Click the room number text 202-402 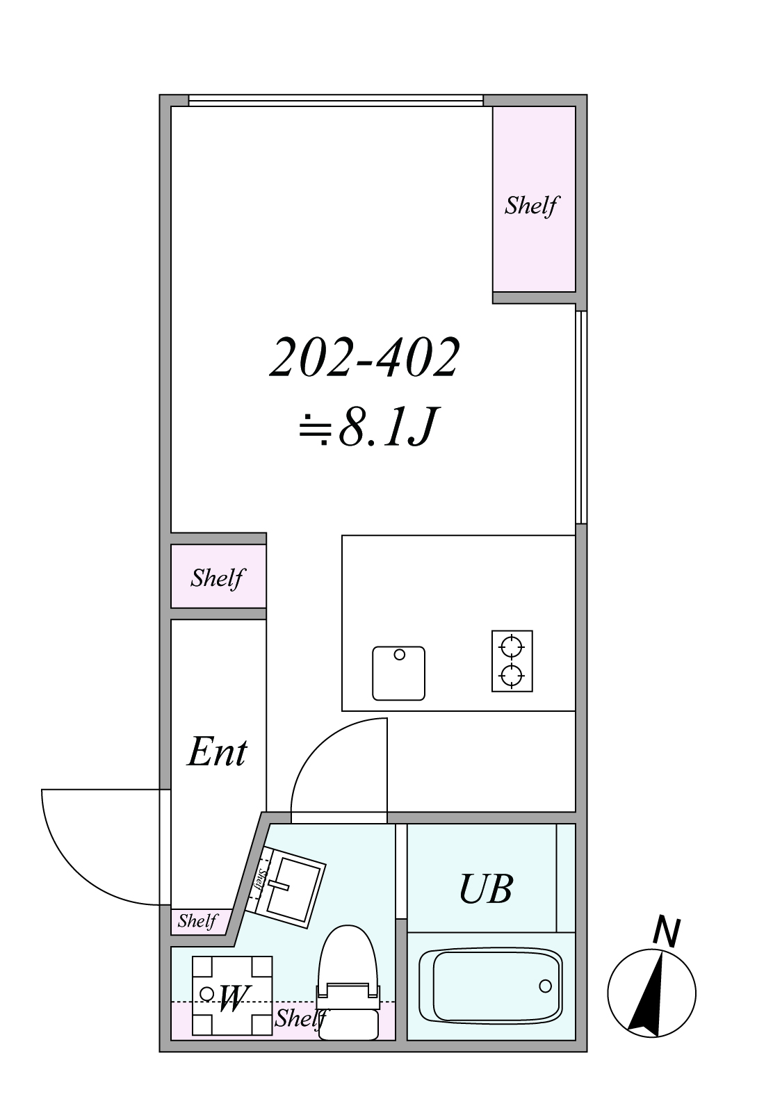click(x=364, y=357)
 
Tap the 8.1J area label click(x=368, y=426)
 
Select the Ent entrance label click(x=217, y=751)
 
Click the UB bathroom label click(x=485, y=888)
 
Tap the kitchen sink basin click(x=398, y=673)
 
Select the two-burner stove click(x=512, y=661)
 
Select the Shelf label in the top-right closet click(x=532, y=205)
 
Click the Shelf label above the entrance click(x=218, y=578)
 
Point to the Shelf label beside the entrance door click(x=197, y=921)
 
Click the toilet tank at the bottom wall click(x=348, y=1025)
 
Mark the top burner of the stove click(x=512, y=648)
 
